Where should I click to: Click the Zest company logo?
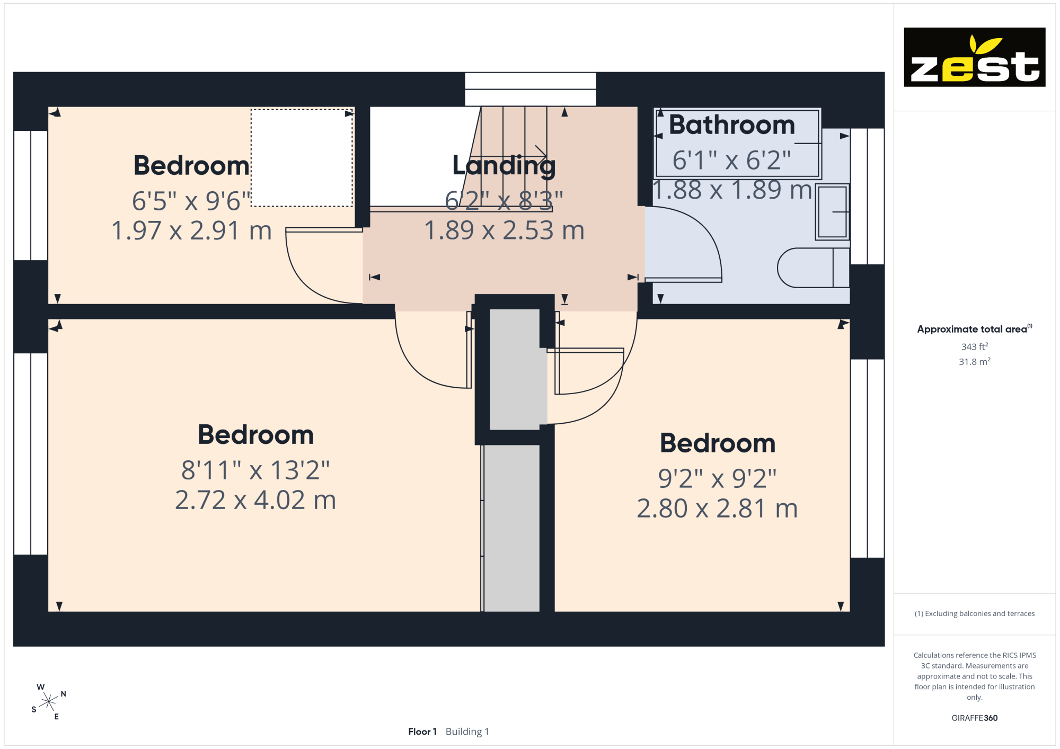pyautogui.click(x=974, y=57)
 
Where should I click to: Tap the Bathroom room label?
pyautogui.click(x=732, y=125)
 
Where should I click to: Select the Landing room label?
pyautogui.click(x=504, y=165)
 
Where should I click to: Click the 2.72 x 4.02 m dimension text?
pyautogui.click(x=255, y=500)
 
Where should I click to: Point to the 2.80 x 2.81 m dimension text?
pyautogui.click(x=717, y=509)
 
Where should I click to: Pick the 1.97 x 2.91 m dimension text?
pyautogui.click(x=191, y=230)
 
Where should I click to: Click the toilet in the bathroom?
pyautogui.click(x=814, y=267)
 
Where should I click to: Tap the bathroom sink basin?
pyautogui.click(x=832, y=212)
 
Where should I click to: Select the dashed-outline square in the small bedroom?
pyautogui.click(x=302, y=158)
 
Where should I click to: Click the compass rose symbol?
pyautogui.click(x=48, y=702)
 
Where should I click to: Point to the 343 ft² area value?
pyautogui.click(x=975, y=346)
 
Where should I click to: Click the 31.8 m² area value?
pyautogui.click(x=975, y=362)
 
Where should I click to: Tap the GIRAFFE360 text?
pyautogui.click(x=975, y=718)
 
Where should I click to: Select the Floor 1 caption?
pyautogui.click(x=422, y=732)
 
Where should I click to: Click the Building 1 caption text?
pyautogui.click(x=467, y=732)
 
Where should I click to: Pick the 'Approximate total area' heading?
pyautogui.click(x=975, y=329)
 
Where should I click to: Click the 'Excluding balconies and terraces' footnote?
pyautogui.click(x=975, y=613)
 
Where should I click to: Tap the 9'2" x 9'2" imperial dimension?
pyautogui.click(x=717, y=479)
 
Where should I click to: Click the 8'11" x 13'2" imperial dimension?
pyautogui.click(x=255, y=470)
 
